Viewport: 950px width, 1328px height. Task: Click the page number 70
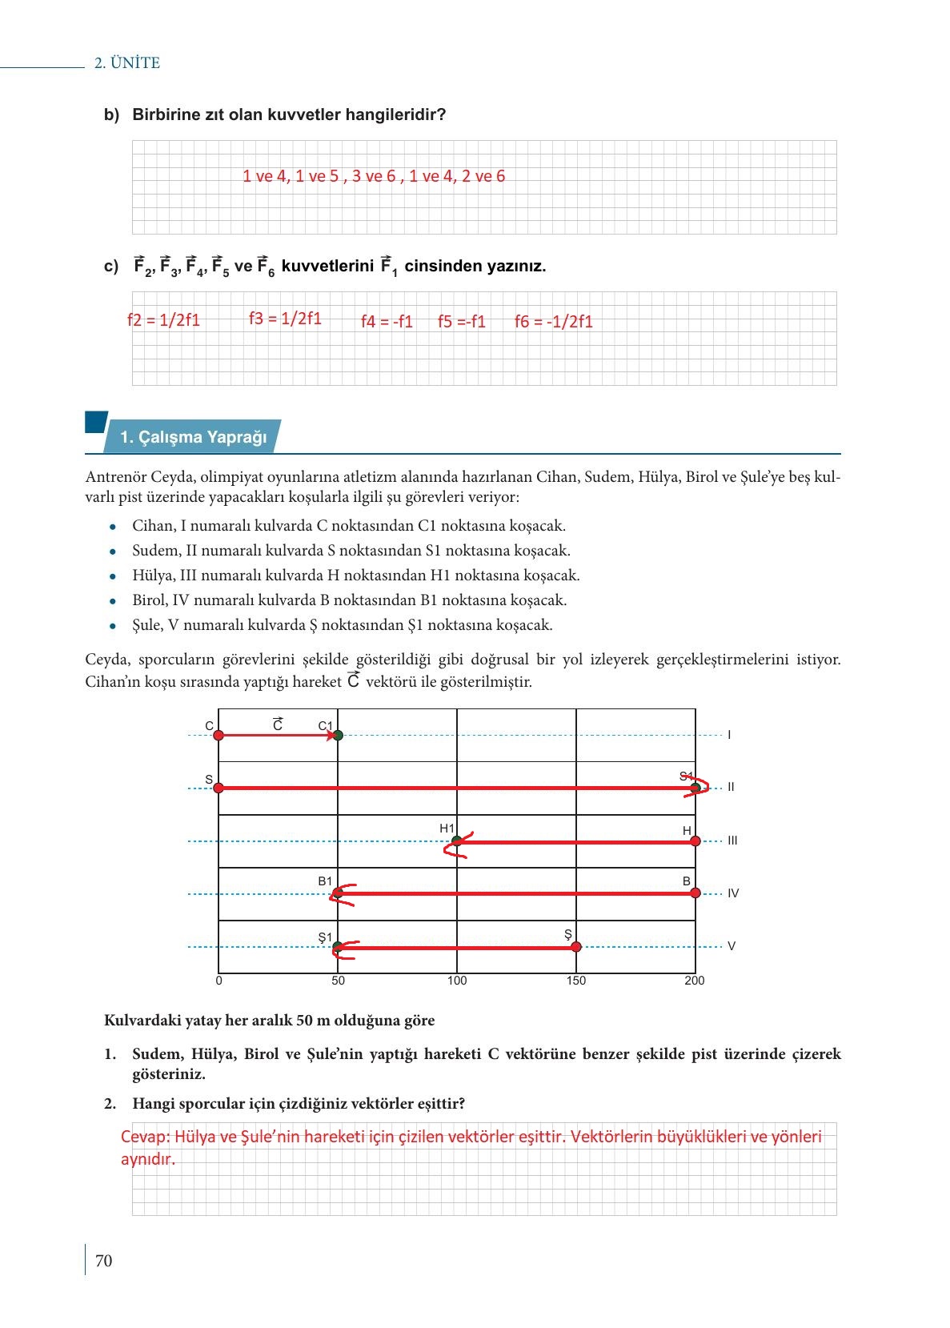coord(104,1261)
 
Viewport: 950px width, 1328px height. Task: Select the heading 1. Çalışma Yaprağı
coord(193,437)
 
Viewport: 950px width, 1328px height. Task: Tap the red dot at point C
coord(218,735)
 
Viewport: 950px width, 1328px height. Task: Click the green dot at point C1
coord(338,735)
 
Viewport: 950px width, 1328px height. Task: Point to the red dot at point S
coord(218,788)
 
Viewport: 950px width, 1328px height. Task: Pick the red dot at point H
coord(695,841)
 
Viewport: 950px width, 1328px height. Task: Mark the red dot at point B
coord(695,893)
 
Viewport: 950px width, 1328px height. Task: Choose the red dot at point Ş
coord(576,947)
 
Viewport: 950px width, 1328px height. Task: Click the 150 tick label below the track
coord(576,981)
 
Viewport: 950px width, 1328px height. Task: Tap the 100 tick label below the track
coord(457,981)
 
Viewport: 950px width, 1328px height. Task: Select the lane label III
coord(732,841)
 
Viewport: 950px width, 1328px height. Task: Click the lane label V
coord(732,946)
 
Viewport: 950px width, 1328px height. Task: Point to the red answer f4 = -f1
coord(387,322)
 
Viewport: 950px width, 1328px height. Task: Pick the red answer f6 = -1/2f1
coord(554,322)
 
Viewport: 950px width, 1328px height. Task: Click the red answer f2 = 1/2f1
coord(163,320)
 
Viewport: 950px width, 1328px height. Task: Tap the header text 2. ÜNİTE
coord(127,63)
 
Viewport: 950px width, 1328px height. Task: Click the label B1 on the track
coord(325,881)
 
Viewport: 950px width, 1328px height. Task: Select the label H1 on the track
coord(447,828)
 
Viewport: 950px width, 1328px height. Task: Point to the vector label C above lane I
coord(278,724)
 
